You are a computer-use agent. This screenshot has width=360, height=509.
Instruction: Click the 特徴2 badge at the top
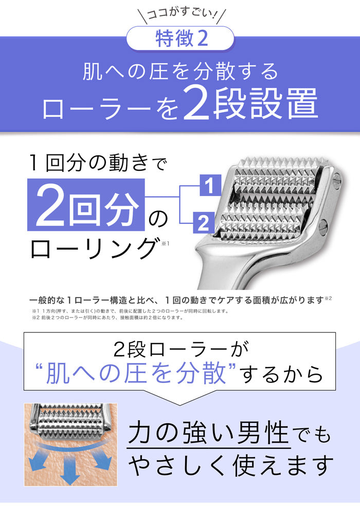pos(180,38)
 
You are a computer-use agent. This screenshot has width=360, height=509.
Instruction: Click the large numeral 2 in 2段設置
pos(197,104)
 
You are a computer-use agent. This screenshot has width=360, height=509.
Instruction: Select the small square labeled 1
pos(210,185)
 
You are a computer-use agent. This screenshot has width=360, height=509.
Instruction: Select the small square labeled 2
pos(204,223)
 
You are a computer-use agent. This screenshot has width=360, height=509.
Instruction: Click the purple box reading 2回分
pos(86,205)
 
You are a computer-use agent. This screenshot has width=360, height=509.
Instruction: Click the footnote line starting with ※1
pos(130,311)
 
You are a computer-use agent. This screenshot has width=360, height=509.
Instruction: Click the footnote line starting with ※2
pos(107,318)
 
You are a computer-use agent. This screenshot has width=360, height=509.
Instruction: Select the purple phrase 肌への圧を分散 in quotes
pos(136,373)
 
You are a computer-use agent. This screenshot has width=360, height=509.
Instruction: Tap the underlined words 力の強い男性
pos(208,433)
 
